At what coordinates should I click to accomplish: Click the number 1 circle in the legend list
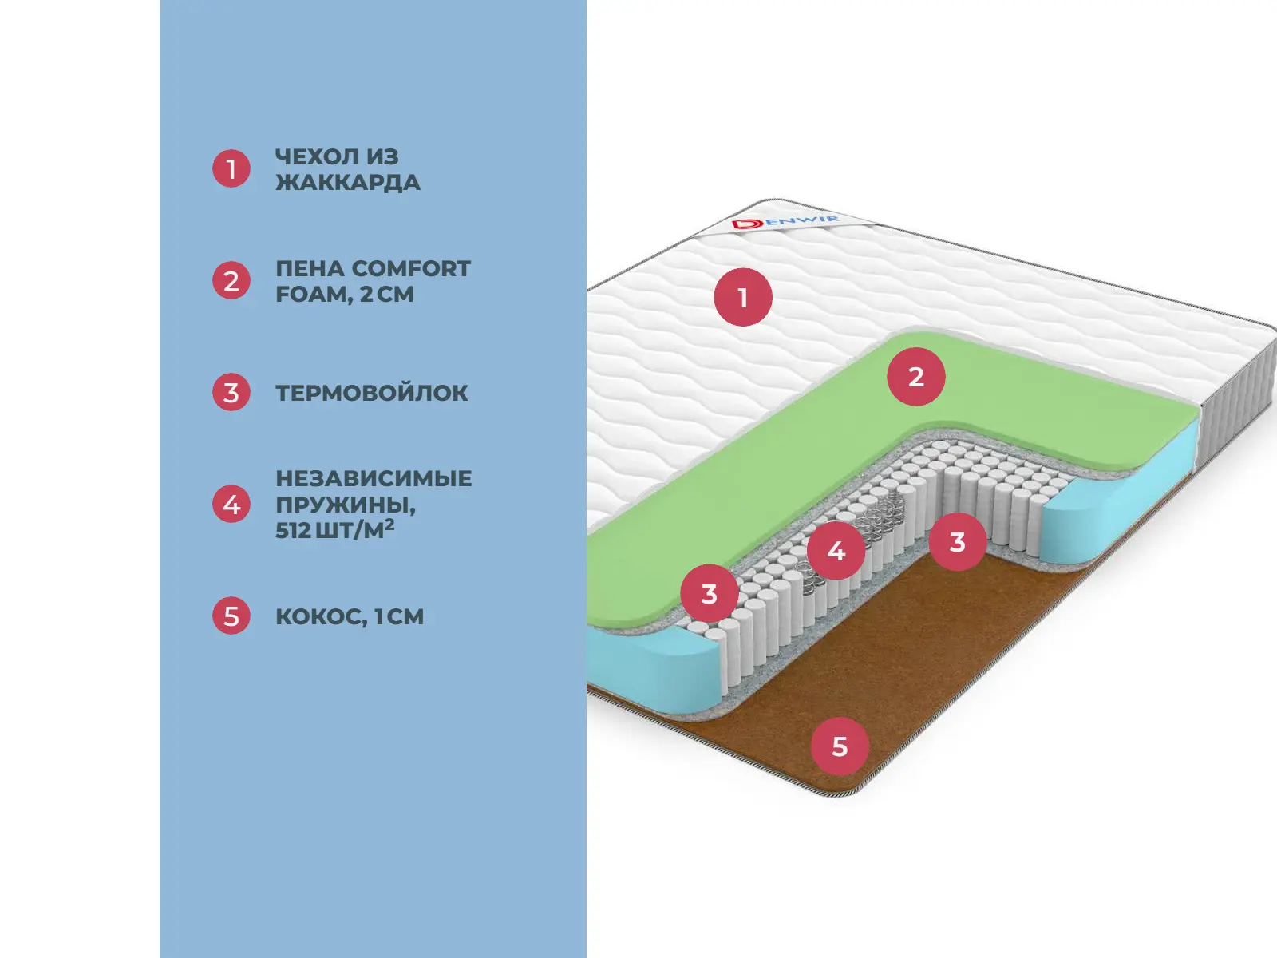tap(231, 169)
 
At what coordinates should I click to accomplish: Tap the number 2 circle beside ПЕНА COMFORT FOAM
tap(231, 281)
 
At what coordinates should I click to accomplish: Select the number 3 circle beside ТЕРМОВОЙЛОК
tap(231, 393)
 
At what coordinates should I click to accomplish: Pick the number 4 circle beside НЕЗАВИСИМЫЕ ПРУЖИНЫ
tap(231, 505)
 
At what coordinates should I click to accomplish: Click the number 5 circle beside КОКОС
tap(231, 616)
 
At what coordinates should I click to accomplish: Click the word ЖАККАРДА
tap(347, 183)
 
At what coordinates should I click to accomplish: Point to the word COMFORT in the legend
tap(411, 269)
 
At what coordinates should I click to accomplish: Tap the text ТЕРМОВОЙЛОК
tap(372, 393)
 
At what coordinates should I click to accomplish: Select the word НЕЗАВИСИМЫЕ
tap(374, 479)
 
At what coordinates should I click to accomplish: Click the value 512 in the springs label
tap(293, 530)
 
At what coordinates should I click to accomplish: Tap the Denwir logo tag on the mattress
tap(785, 221)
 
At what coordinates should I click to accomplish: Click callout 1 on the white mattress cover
tap(743, 298)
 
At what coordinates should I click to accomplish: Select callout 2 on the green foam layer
tap(916, 377)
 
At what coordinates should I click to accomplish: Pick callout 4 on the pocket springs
tap(836, 551)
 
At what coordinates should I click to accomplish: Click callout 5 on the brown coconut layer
tap(840, 747)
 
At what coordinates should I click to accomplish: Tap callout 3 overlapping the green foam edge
tap(710, 594)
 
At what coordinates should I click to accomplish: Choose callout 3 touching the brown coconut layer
tap(958, 542)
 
